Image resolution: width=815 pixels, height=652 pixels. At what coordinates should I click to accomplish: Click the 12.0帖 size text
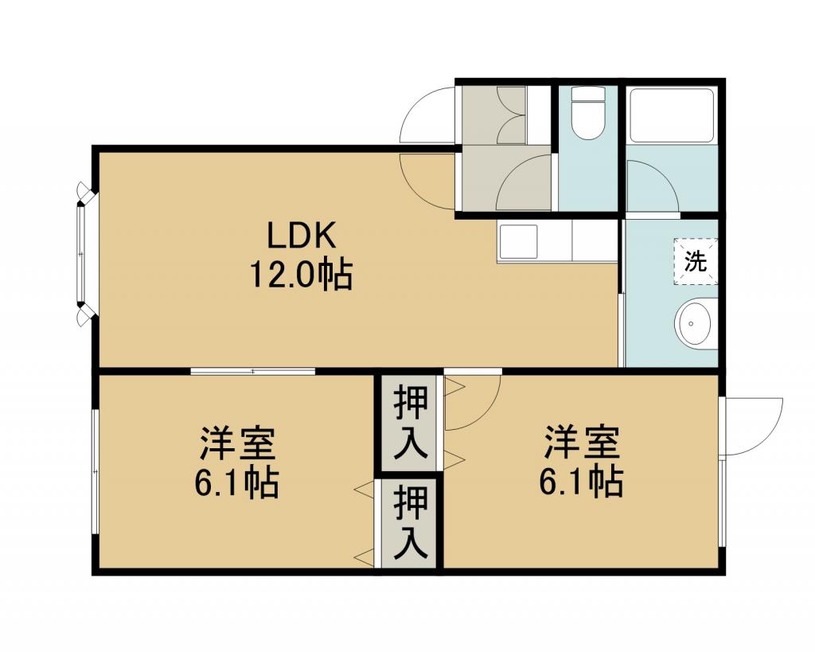click(x=301, y=274)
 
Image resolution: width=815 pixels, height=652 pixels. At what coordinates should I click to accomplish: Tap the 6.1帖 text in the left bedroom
click(x=236, y=482)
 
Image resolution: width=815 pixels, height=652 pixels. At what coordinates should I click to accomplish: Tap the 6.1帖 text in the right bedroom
click(x=580, y=482)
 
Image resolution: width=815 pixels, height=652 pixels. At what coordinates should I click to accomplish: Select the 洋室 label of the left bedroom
click(x=237, y=444)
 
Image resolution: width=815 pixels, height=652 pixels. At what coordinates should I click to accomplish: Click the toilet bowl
click(x=588, y=113)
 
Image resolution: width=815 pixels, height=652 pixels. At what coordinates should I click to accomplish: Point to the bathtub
click(x=670, y=115)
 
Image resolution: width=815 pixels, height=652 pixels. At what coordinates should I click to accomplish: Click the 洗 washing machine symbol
click(x=696, y=261)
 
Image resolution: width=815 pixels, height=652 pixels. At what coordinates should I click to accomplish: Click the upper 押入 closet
click(x=410, y=424)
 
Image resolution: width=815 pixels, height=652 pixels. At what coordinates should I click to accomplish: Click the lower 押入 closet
click(x=410, y=522)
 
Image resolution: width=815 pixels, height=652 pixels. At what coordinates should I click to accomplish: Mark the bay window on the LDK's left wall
click(x=83, y=254)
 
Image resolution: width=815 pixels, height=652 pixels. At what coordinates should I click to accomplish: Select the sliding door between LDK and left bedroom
click(x=253, y=371)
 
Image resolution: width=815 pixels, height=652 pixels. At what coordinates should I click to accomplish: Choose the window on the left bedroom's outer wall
click(x=95, y=471)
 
